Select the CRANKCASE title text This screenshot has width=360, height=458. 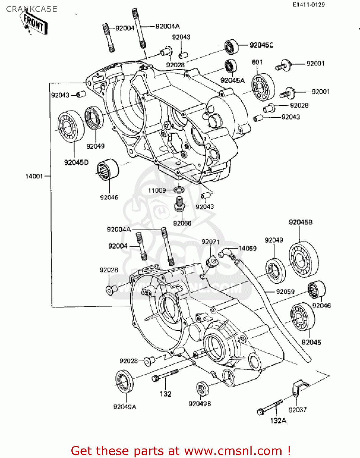point(31,9)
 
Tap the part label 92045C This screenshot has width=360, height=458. point(261,45)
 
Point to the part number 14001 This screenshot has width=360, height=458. point(34,176)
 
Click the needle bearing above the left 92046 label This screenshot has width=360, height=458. point(108,169)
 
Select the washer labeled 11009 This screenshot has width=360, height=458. point(179,190)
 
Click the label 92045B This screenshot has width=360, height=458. point(301,222)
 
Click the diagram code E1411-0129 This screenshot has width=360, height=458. point(308,5)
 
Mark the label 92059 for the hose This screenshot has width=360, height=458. point(285,292)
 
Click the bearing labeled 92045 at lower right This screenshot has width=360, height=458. point(302,317)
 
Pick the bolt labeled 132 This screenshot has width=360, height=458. point(165,375)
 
